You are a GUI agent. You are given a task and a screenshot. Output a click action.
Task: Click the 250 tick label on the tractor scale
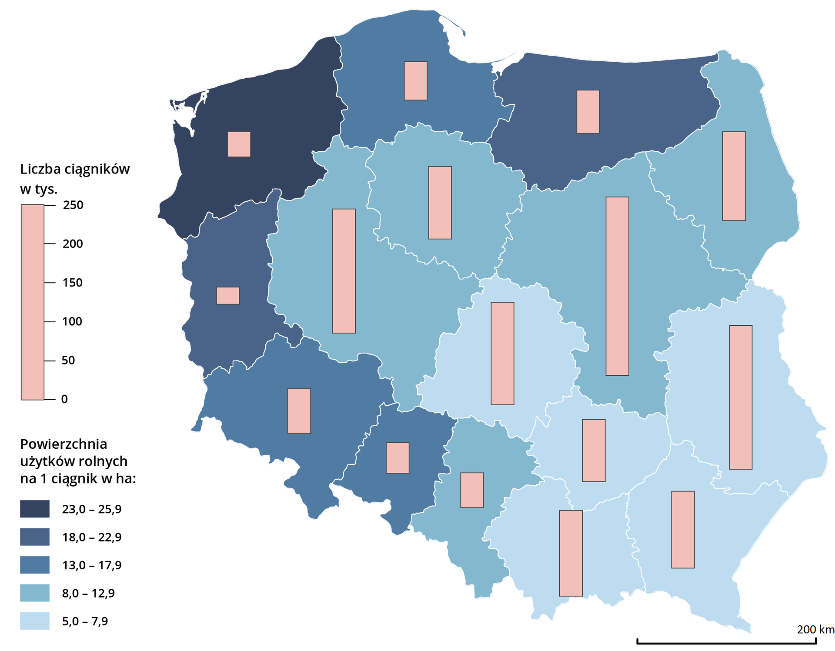click(73, 205)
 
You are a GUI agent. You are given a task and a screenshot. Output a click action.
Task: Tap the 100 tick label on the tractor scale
click(72, 321)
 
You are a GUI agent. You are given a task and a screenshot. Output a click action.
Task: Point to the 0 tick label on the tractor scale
click(64, 399)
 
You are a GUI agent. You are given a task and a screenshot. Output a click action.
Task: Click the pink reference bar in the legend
click(33, 302)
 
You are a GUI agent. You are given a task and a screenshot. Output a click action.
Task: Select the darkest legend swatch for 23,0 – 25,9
click(35, 509)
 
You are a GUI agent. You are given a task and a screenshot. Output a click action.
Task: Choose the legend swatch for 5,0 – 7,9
click(35, 621)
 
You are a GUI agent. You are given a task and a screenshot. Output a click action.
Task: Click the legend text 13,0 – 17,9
click(92, 565)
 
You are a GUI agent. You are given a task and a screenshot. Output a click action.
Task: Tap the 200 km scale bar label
click(815, 629)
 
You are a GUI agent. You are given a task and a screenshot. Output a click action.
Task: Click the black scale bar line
click(726, 642)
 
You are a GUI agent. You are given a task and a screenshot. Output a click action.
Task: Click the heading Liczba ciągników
click(75, 169)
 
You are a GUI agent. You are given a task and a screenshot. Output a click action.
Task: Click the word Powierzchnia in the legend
click(63, 444)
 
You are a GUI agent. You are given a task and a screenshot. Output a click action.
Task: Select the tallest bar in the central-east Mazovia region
click(617, 286)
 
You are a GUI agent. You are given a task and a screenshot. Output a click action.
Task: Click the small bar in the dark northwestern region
click(239, 144)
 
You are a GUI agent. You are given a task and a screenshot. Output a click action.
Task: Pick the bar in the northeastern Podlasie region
click(734, 176)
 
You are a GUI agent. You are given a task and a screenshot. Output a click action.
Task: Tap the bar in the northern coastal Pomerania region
click(415, 81)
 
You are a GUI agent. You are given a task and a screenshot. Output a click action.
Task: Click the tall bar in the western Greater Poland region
click(344, 271)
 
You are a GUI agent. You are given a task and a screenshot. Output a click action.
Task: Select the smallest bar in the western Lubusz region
click(228, 296)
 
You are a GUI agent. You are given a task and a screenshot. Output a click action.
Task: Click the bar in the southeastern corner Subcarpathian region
click(683, 530)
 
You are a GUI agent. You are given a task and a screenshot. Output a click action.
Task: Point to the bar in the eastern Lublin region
click(740, 397)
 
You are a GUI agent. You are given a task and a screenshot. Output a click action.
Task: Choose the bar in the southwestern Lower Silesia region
click(299, 411)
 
